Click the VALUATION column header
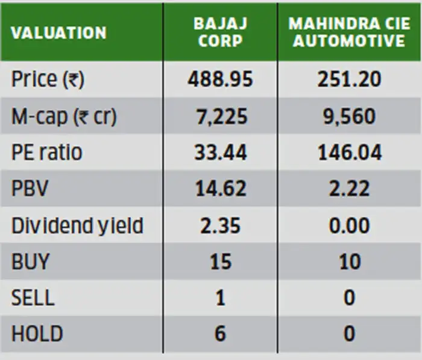coord(58,33)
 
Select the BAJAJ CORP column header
coord(220,33)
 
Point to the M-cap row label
coord(64,116)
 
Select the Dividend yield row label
coord(78,225)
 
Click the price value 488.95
coord(220,79)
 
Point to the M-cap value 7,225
coord(220,116)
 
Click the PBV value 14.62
coord(220,188)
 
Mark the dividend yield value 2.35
coord(220,225)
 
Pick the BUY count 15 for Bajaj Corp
coord(220,261)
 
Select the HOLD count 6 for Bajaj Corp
coord(220,333)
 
